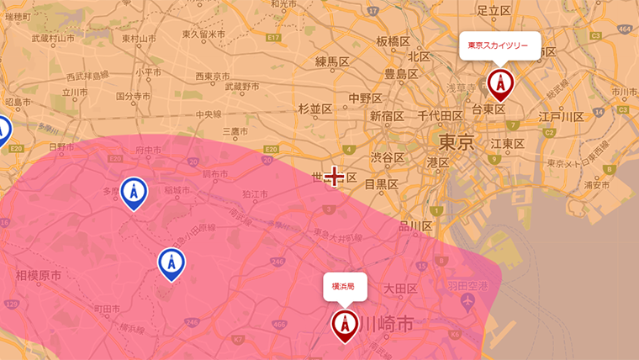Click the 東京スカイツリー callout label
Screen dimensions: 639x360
499,45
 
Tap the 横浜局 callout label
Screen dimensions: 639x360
344,287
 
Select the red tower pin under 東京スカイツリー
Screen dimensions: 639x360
499,84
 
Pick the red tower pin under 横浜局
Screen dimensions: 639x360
345,325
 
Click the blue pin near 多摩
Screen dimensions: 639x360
132,193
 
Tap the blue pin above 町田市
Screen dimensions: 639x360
172,263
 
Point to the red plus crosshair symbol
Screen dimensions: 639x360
335,176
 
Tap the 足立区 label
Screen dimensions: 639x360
494,11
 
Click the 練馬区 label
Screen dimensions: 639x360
332,61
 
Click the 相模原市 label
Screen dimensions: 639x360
39,275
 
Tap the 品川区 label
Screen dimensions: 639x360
415,226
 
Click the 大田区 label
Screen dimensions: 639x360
400,289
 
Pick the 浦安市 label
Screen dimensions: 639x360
595,183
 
